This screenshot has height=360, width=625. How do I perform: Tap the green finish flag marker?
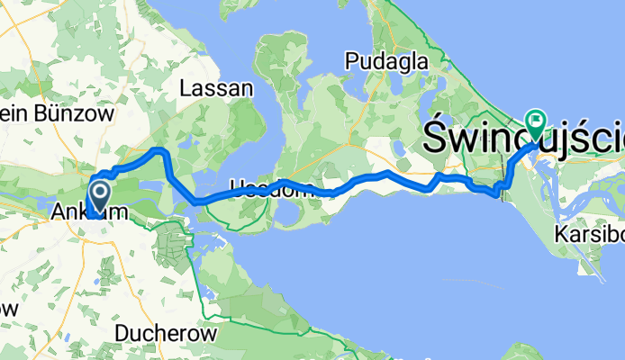pos(537,119)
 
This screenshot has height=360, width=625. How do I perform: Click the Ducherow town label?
pos(167,333)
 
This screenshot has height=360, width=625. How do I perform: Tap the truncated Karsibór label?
pos(591,235)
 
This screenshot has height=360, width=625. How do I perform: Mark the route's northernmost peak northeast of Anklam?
pos(159,148)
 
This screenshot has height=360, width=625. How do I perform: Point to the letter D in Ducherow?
pos(122,333)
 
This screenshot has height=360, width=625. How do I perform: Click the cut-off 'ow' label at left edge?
pos(8,307)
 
